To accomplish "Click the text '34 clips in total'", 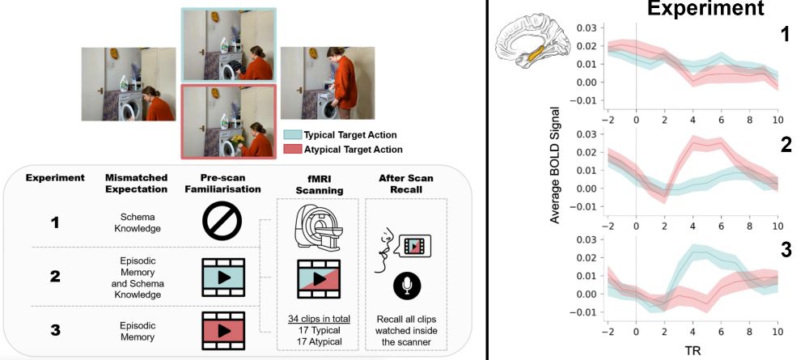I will point(319,318).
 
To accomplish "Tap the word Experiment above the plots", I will point(706,10).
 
